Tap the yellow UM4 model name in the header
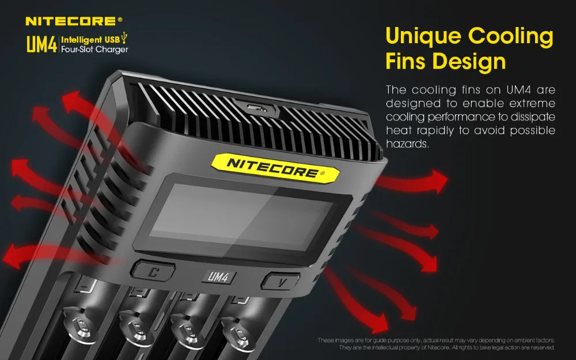coord(41,44)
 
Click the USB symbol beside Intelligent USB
coord(124,38)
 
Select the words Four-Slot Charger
coord(94,50)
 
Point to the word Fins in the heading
coord(406,61)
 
